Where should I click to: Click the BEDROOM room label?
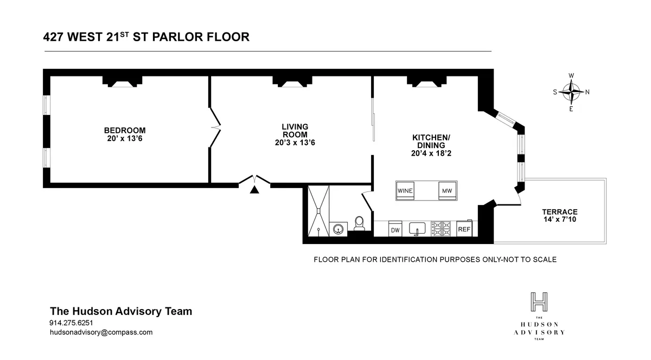(125, 134)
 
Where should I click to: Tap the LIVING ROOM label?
(295, 134)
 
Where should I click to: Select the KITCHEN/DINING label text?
(431, 145)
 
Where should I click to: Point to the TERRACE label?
(559, 216)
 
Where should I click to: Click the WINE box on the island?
(405, 191)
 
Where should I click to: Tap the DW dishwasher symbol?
(395, 229)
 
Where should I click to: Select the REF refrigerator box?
(464, 229)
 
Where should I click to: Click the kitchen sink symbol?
(417, 228)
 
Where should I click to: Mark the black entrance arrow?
(254, 190)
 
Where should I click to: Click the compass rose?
(571, 92)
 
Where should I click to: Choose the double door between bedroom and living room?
(215, 128)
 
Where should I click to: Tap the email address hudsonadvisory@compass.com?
(101, 332)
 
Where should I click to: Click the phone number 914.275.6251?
(71, 323)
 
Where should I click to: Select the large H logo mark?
(539, 301)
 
